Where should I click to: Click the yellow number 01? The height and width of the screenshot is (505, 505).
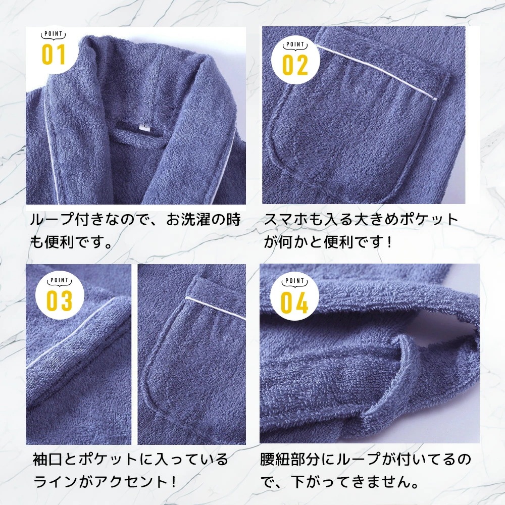point(54,55)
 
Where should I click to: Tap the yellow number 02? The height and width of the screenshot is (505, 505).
point(295,65)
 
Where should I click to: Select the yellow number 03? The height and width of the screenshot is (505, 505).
point(59,301)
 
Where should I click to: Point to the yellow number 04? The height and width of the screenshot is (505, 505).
point(294,302)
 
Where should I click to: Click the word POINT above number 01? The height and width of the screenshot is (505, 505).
point(54,34)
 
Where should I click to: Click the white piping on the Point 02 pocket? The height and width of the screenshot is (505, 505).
point(376,72)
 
